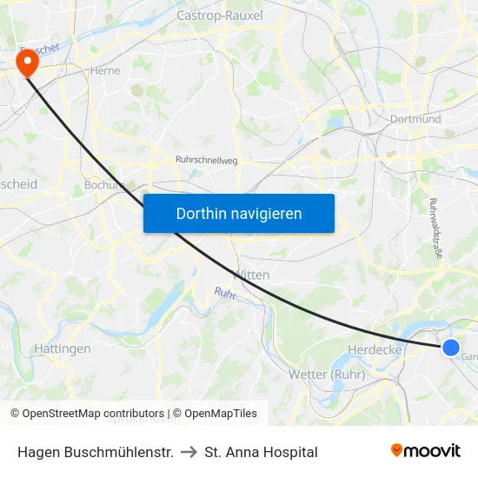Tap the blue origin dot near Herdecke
(x=450, y=348)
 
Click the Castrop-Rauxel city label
(x=219, y=16)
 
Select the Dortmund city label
(x=415, y=119)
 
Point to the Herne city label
(x=105, y=71)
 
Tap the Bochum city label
(x=104, y=184)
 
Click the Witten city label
(x=253, y=275)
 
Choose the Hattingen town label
(x=63, y=349)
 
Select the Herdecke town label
(x=373, y=349)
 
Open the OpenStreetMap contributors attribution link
(x=93, y=414)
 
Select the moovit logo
(x=425, y=451)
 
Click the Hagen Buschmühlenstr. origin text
(x=95, y=452)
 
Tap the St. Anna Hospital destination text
(x=261, y=452)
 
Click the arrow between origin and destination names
(x=189, y=452)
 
